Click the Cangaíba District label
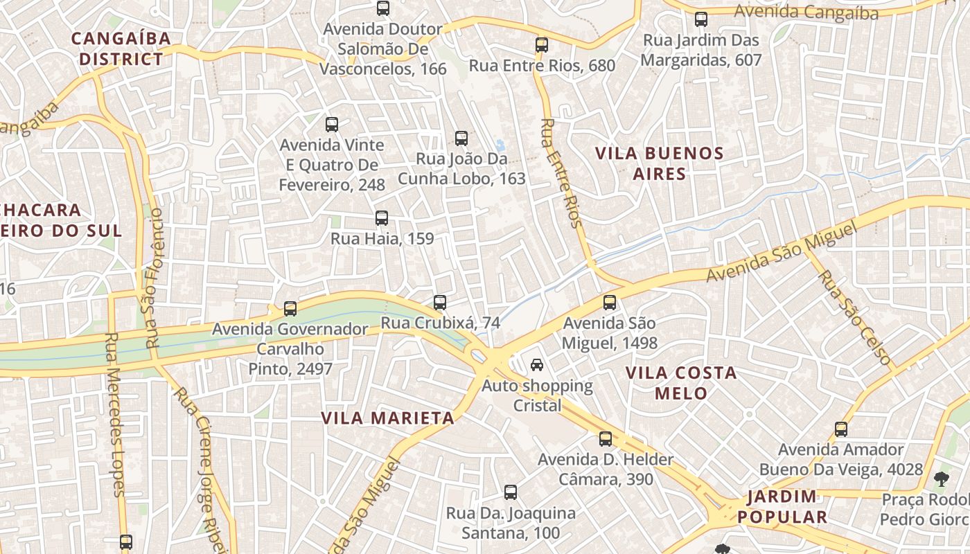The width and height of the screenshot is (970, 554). pos(121,48)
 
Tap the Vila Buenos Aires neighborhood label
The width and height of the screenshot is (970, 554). pos(660,163)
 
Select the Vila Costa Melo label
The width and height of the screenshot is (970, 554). pos(681,383)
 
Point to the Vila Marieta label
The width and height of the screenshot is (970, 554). pos(388,418)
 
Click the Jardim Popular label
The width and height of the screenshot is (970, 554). pos(782,507)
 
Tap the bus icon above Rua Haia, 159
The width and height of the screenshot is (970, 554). pos(381,218)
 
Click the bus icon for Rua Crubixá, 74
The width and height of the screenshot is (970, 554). pos(440,303)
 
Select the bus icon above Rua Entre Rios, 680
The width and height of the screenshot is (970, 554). pos(542,45)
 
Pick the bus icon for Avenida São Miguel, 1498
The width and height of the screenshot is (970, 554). pos(610,303)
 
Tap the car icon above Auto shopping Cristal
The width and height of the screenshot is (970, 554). pos(537,365)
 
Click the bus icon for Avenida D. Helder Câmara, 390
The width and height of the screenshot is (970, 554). pos(606,439)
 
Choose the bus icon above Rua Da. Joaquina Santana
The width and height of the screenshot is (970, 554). pos(511,492)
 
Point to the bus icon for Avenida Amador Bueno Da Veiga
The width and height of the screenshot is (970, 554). pos(841,429)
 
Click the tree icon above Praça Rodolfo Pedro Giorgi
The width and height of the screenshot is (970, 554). pos(941,478)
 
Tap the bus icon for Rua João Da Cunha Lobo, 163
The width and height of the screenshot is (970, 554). pos(461,138)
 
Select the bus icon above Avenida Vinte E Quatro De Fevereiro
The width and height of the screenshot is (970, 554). pos(332,125)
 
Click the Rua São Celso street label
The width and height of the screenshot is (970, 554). pos(854,317)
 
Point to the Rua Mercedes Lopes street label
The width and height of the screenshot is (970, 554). pos(115,414)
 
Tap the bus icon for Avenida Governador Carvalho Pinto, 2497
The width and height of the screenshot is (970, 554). pos(290,309)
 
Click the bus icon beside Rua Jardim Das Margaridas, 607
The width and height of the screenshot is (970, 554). pos(701,19)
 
